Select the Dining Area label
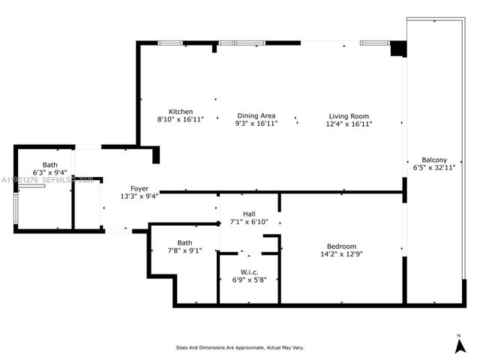[x=256, y=116]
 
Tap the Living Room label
[x=349, y=116]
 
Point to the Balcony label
[x=434, y=160]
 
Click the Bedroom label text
[x=341, y=247]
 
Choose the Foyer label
[x=139, y=188]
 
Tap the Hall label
[x=249, y=214]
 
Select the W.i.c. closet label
[x=250, y=271]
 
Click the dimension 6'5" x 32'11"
[x=434, y=168]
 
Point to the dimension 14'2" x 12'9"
[x=341, y=255]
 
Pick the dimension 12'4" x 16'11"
[x=349, y=124]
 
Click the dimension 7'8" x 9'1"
[x=184, y=250]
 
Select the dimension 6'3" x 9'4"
[x=49, y=172]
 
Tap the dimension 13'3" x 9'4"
[x=139, y=196]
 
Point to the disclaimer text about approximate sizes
[x=240, y=347]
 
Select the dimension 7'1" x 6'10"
[x=249, y=222]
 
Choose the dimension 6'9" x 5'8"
[x=250, y=280]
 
